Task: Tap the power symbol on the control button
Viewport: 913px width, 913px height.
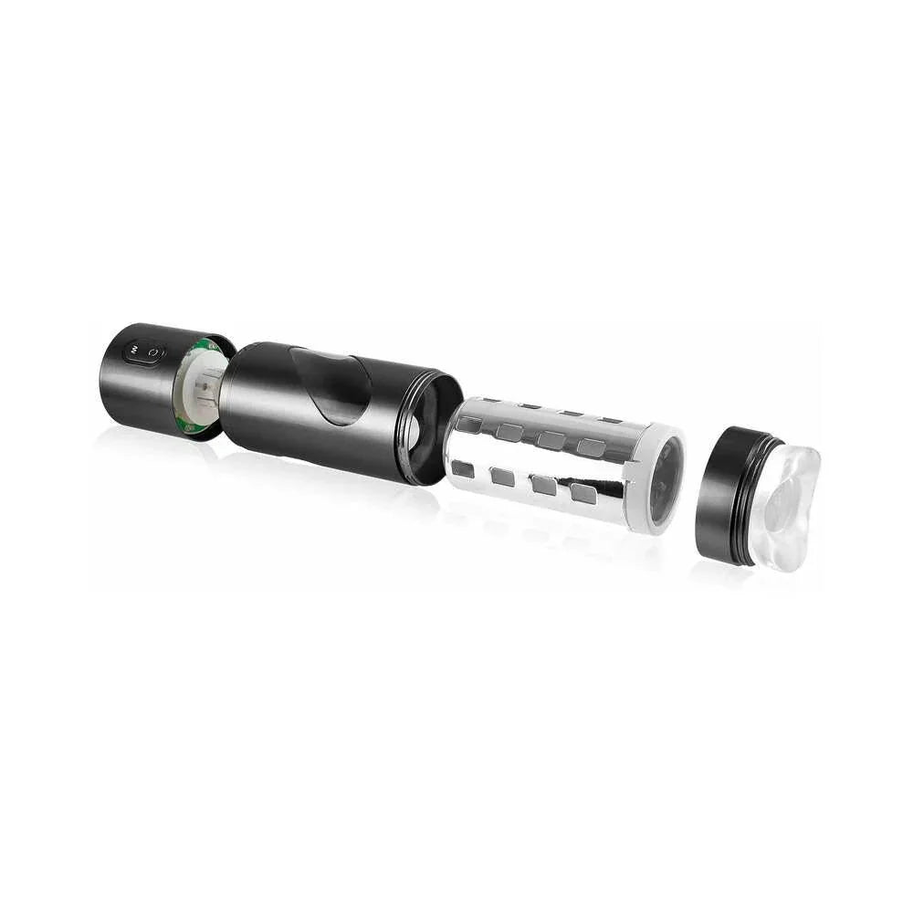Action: click(154, 352)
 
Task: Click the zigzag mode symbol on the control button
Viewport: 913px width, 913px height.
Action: click(134, 350)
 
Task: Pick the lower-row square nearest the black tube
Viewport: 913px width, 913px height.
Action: click(463, 468)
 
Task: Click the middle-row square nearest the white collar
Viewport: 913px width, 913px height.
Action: click(593, 447)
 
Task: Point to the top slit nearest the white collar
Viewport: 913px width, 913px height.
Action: click(609, 420)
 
